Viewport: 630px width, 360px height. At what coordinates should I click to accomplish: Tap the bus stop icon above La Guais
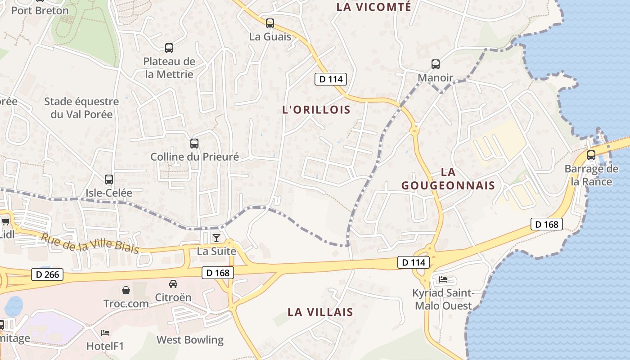pyautogui.click(x=270, y=23)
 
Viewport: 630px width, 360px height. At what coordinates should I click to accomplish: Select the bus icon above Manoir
pyautogui.click(x=436, y=64)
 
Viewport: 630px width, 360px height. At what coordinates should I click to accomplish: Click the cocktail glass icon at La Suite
pyautogui.click(x=216, y=238)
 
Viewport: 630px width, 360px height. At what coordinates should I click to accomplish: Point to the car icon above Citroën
pyautogui.click(x=173, y=284)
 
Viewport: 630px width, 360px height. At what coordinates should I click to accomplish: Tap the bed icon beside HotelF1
pyautogui.click(x=105, y=333)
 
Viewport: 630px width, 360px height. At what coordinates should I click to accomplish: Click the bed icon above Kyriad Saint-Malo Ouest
pyautogui.click(x=443, y=279)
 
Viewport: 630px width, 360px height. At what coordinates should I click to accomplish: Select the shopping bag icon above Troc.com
pyautogui.click(x=126, y=290)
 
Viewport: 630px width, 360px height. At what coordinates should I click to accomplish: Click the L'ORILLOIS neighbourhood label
pyautogui.click(x=316, y=110)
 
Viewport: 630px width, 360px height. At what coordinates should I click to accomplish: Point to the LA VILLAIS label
pyautogui.click(x=320, y=312)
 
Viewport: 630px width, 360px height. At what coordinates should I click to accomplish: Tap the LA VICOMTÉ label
pyautogui.click(x=374, y=7)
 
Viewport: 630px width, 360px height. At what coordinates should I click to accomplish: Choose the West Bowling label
pyautogui.click(x=190, y=340)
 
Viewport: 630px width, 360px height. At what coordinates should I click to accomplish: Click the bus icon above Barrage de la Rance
pyautogui.click(x=591, y=155)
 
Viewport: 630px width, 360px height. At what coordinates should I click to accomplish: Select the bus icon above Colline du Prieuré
pyautogui.click(x=194, y=144)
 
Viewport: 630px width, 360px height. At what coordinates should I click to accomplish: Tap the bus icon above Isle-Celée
pyautogui.click(x=109, y=180)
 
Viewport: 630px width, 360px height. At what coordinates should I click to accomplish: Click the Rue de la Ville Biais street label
pyautogui.click(x=90, y=243)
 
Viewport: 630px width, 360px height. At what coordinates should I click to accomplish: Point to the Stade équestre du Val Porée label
pyautogui.click(x=81, y=108)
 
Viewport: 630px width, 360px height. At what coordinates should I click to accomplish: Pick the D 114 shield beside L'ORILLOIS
pyautogui.click(x=331, y=80)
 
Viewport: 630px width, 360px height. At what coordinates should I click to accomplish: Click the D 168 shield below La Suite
pyautogui.click(x=218, y=272)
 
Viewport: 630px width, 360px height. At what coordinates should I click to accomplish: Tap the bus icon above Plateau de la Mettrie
pyautogui.click(x=169, y=48)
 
